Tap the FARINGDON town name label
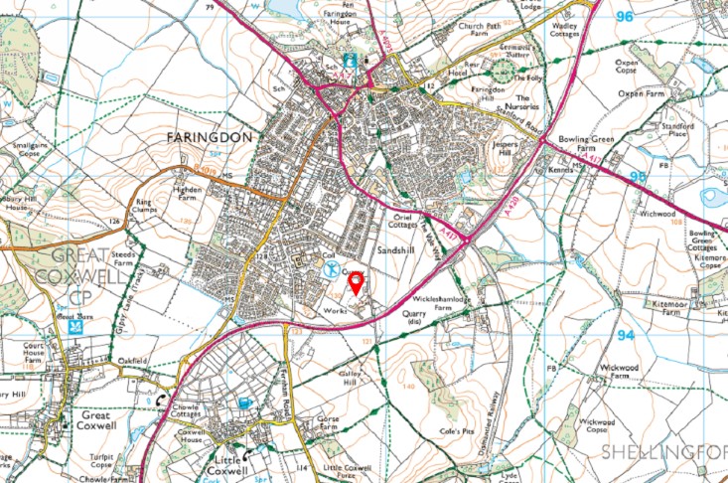pos(212,136)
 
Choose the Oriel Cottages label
pos(403,221)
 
